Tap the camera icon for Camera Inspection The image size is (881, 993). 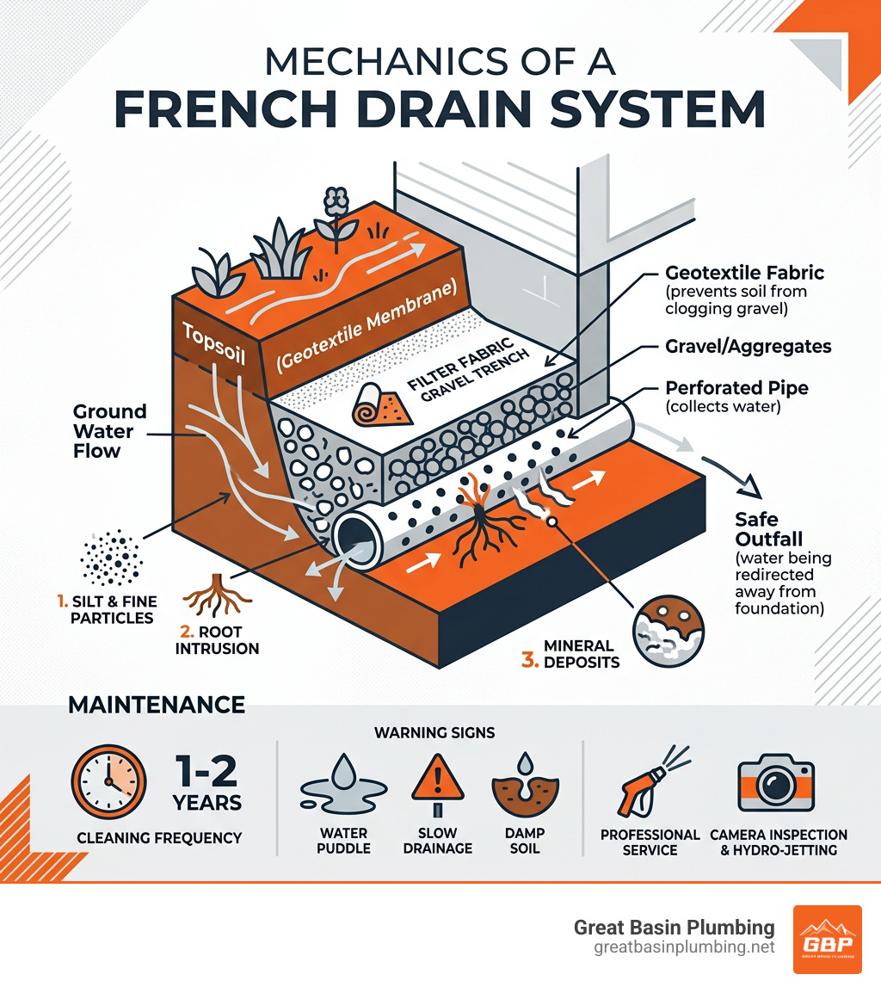[x=776, y=785]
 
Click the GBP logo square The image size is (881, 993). [x=826, y=939]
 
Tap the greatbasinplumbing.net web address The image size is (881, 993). [x=684, y=947]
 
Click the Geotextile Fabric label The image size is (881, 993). [x=745, y=274]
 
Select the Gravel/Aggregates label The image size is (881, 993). [x=749, y=346]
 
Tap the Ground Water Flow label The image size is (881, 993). [x=109, y=431]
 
